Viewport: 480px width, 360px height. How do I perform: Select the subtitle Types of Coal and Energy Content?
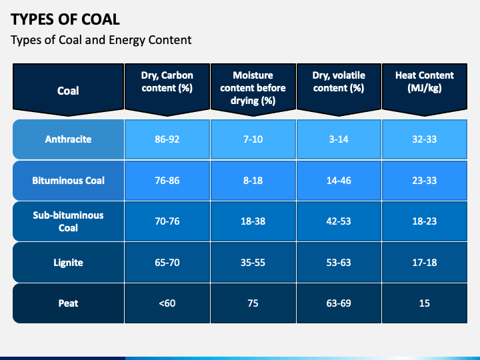[101, 40]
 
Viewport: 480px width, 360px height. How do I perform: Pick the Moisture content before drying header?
[253, 88]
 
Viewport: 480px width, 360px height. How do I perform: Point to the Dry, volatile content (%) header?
[339, 81]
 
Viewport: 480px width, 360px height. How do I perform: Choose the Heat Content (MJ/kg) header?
[424, 81]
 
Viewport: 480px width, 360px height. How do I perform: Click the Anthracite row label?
[68, 139]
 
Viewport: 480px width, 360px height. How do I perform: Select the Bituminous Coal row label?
[68, 180]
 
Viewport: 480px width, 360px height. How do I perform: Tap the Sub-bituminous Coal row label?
[68, 221]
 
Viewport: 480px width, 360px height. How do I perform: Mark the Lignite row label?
[68, 262]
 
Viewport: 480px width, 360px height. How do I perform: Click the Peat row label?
[68, 303]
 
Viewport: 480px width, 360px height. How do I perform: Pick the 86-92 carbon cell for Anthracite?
[167, 139]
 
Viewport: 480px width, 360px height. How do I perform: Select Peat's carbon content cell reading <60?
[167, 303]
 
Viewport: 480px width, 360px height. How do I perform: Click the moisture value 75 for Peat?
[253, 303]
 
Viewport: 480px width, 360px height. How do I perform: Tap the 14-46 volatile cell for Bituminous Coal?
[339, 180]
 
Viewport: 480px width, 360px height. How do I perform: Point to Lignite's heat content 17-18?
[424, 262]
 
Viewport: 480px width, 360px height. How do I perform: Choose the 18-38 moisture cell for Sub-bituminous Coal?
[253, 221]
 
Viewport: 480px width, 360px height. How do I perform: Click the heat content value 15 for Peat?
[424, 303]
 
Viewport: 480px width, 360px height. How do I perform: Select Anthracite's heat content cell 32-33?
[424, 139]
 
